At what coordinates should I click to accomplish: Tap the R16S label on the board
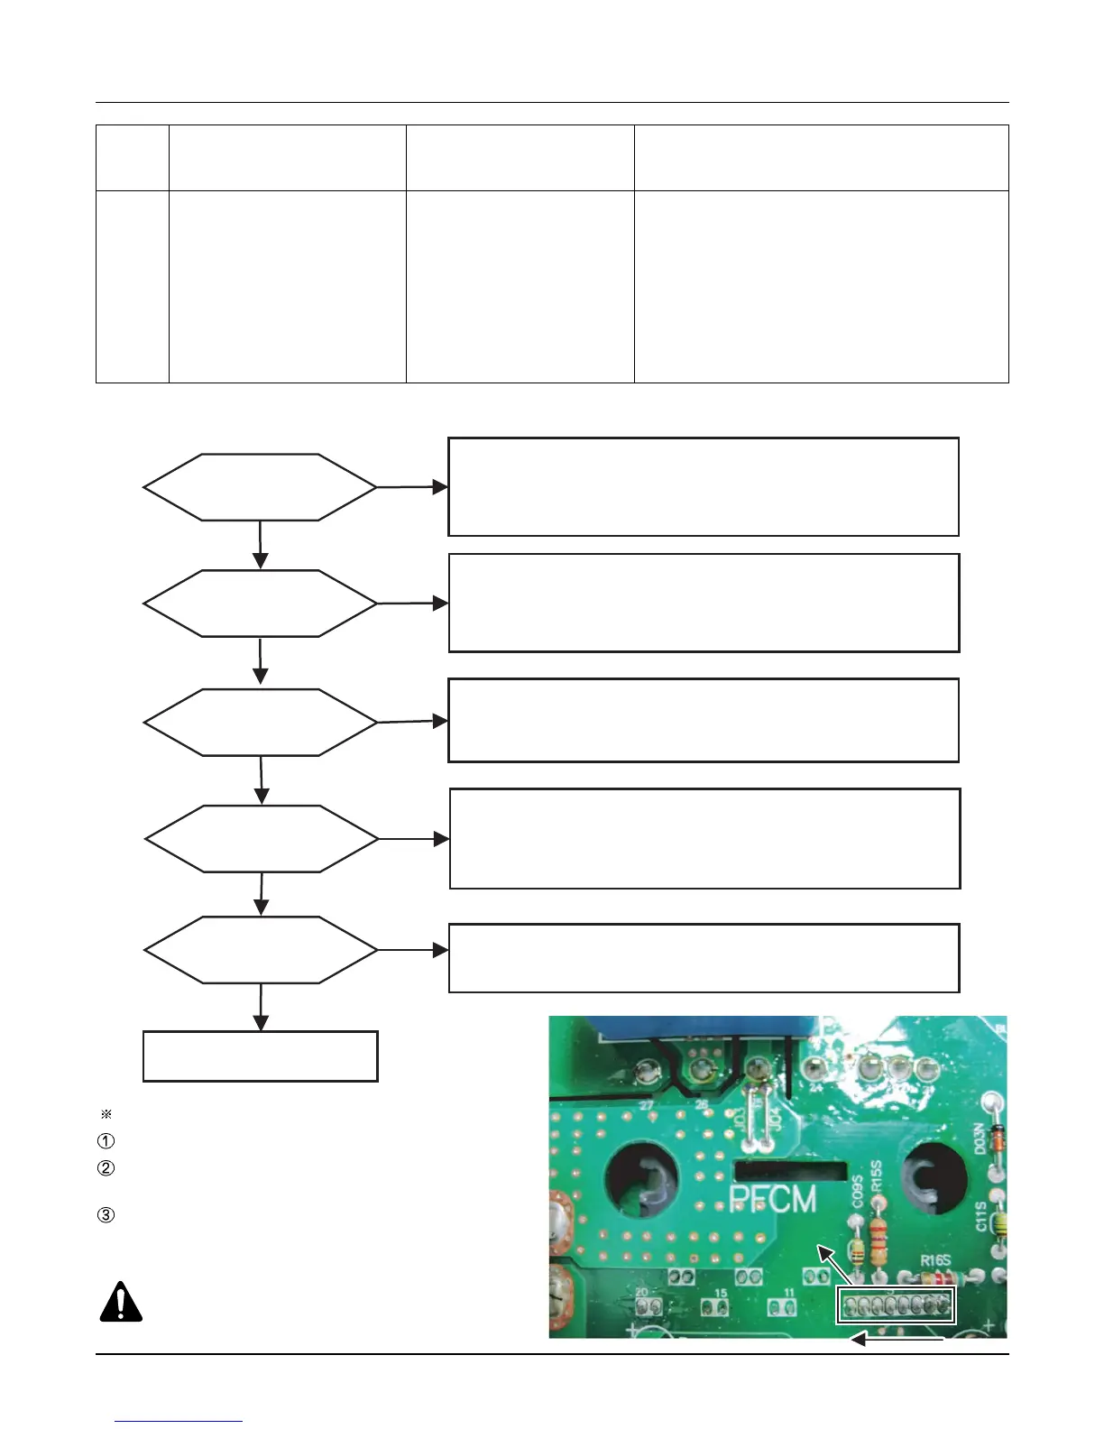tap(935, 1260)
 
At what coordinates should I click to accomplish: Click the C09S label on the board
tap(858, 1191)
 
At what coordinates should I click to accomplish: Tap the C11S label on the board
tap(981, 1216)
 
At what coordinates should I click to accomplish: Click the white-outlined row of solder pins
tap(895, 1305)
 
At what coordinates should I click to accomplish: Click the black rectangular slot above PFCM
tap(790, 1171)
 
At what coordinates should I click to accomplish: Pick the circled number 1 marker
tap(106, 1141)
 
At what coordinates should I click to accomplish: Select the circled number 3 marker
tap(106, 1214)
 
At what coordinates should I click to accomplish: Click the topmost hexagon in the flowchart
tap(260, 487)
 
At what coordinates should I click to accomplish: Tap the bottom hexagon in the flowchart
tap(261, 950)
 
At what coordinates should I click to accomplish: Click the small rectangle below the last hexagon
tap(260, 1056)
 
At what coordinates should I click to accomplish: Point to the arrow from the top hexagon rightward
tap(412, 487)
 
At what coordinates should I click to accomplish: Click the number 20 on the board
tap(642, 1292)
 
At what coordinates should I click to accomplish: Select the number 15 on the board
tap(721, 1293)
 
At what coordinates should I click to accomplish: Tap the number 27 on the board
tap(646, 1104)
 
